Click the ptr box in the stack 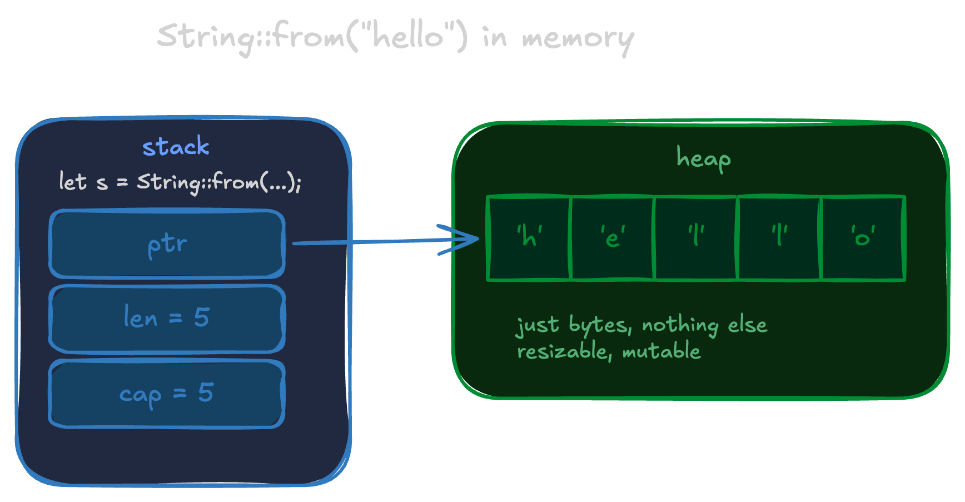point(167,243)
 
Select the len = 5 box point(167,319)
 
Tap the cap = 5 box point(167,394)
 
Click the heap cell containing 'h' point(529,238)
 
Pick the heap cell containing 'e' point(612,238)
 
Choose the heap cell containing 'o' point(863,238)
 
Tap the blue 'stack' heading point(176,147)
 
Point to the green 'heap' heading point(703,158)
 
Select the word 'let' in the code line point(73,182)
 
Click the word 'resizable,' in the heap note point(563,352)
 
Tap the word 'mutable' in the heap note point(661,351)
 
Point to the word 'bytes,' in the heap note point(600,326)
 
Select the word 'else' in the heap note point(748,325)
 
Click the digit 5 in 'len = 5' point(202,317)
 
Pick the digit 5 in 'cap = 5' point(206,392)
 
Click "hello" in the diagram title point(409,37)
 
